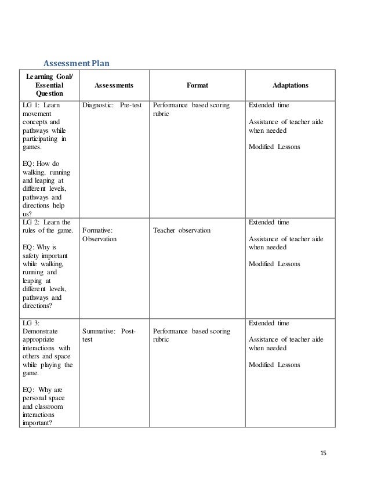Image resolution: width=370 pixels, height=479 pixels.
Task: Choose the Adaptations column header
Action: coord(290,85)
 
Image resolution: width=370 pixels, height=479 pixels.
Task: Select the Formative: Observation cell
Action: coord(97,234)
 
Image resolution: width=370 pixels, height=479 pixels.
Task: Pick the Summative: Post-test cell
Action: coord(110,335)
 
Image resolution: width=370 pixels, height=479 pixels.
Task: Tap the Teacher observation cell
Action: coord(182,230)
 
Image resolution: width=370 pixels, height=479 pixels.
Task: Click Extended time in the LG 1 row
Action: coord(269,106)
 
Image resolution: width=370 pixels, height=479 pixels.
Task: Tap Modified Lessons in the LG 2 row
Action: coord(274,264)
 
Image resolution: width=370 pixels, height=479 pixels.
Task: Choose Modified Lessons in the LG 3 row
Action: coord(274,365)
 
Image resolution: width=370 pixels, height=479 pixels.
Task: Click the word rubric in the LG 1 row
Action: coord(161,114)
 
